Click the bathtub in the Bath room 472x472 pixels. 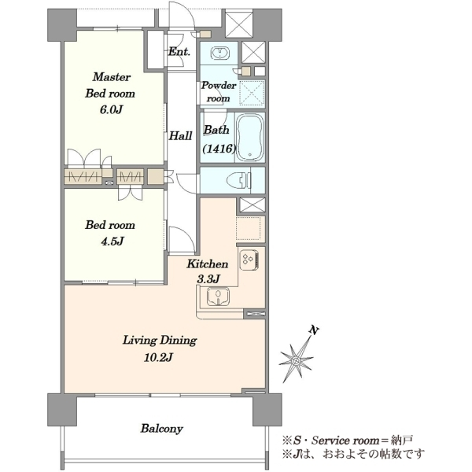(x=249, y=138)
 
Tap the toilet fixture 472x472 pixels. (x=238, y=180)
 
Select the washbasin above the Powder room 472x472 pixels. (x=219, y=53)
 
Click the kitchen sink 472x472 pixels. (x=218, y=296)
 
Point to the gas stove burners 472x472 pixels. (x=249, y=259)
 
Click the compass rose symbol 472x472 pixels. (x=297, y=359)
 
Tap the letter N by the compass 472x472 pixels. (x=314, y=330)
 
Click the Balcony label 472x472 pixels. (x=161, y=429)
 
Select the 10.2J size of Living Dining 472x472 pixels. (x=158, y=358)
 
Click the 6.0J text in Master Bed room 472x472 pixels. (x=112, y=110)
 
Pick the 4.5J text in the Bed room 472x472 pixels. (x=112, y=242)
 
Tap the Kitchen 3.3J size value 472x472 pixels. (x=208, y=279)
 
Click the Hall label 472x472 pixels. (x=180, y=136)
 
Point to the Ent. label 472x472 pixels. (x=179, y=52)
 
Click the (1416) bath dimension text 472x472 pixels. (x=219, y=149)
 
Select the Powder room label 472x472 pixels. (x=219, y=91)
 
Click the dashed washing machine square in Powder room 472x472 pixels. (x=253, y=93)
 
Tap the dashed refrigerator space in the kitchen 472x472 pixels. (x=249, y=228)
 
